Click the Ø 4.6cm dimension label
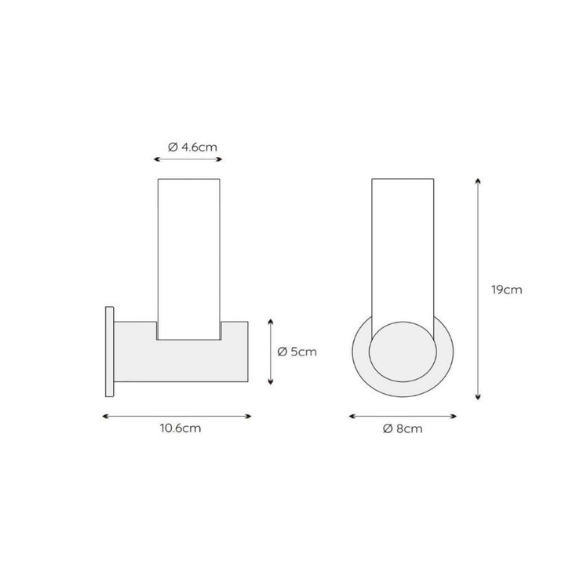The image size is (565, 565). click(x=193, y=147)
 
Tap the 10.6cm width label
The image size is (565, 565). click(x=180, y=428)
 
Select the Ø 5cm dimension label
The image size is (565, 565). click(x=297, y=352)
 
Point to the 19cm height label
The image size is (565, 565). click(x=507, y=290)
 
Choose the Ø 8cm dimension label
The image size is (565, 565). click(x=403, y=428)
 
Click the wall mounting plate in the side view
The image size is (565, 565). click(x=110, y=352)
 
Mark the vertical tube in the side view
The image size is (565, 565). click(x=189, y=259)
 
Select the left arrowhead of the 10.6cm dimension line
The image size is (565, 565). click(x=105, y=417)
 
